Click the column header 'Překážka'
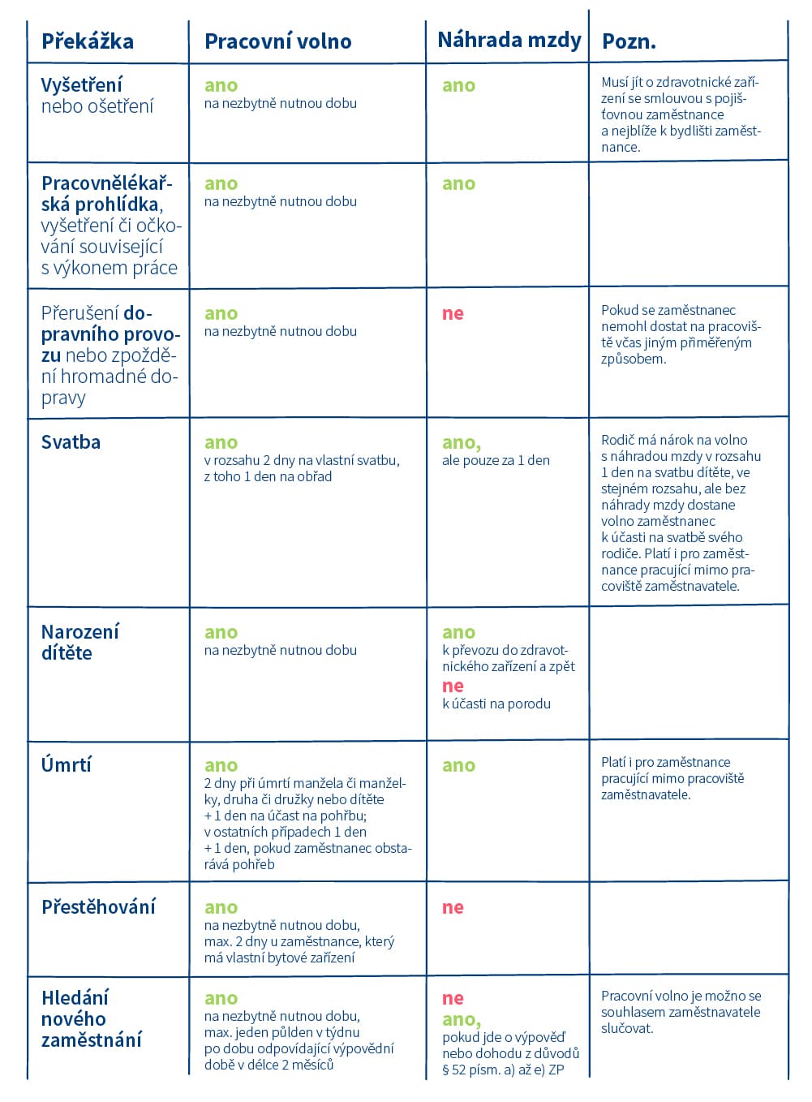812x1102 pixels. click(88, 41)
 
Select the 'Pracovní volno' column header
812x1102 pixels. click(277, 41)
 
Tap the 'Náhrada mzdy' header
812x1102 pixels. click(509, 40)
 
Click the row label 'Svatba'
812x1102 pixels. click(71, 442)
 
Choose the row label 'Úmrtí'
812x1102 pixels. click(67, 764)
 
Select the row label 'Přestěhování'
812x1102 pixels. click(98, 907)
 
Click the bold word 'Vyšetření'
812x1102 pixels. click(82, 85)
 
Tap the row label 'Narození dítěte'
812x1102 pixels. click(79, 642)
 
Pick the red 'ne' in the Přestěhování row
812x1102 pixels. click(453, 907)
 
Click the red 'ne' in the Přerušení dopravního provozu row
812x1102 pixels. click(453, 313)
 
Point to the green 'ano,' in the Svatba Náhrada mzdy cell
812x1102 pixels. click(461, 442)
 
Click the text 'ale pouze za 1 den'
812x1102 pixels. click(496, 461)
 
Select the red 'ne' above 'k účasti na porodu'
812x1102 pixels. click(453, 686)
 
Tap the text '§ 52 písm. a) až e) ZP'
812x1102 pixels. click(503, 1070)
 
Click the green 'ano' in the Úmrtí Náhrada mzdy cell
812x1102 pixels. click(458, 765)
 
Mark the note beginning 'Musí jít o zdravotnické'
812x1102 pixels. click(681, 114)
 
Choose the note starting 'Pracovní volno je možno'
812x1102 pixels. click(681, 1012)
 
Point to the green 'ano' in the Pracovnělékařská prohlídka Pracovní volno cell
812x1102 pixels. click(221, 183)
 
